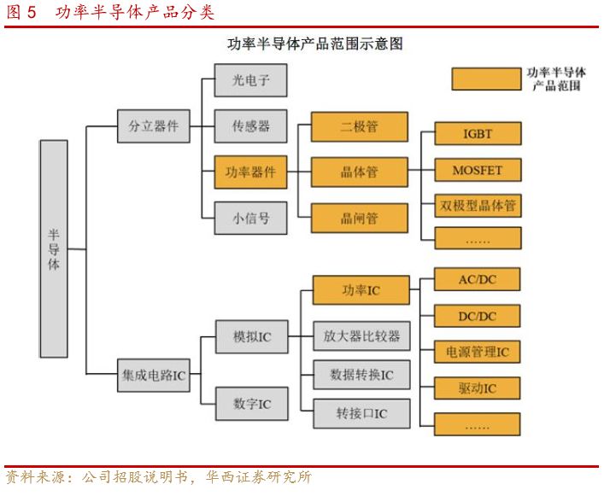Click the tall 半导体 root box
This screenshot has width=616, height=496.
click(54, 248)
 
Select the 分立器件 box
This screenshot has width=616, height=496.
click(154, 125)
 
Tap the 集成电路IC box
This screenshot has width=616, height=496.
click(154, 374)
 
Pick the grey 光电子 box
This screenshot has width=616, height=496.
click(250, 80)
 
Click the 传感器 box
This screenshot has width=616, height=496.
click(250, 125)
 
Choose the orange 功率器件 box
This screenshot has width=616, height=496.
click(250, 172)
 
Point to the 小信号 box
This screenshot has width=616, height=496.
click(250, 218)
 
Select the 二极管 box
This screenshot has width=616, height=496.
click(359, 127)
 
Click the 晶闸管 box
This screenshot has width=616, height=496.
click(359, 218)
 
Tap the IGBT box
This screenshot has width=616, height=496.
click(478, 134)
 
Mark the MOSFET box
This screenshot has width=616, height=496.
click(478, 170)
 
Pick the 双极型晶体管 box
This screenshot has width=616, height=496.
click(478, 206)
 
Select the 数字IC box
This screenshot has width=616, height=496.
click(250, 403)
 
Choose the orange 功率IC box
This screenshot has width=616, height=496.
click(361, 290)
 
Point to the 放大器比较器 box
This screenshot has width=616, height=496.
click(361, 336)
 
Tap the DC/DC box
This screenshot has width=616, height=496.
click(478, 316)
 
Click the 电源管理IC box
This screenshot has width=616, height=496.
click(478, 352)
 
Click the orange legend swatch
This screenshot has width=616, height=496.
click(485, 79)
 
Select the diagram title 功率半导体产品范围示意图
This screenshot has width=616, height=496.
click(314, 44)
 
